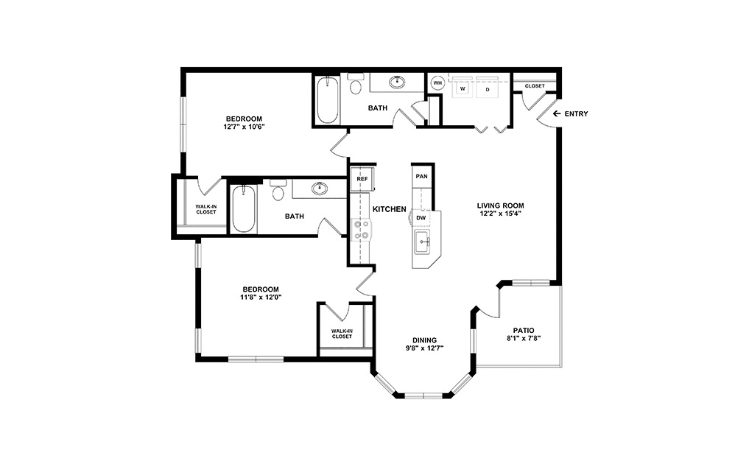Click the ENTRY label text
pyautogui.click(x=576, y=114)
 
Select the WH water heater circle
pyautogui.click(x=437, y=83)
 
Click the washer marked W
pyautogui.click(x=463, y=88)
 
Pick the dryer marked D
pyautogui.click(x=487, y=88)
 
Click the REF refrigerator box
pyautogui.click(x=362, y=179)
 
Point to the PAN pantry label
pyautogui.click(x=421, y=177)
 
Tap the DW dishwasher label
pyautogui.click(x=421, y=218)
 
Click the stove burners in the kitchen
pyautogui.click(x=362, y=230)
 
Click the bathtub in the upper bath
pyautogui.click(x=327, y=102)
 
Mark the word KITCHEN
pyautogui.click(x=390, y=210)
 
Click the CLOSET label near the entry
pyautogui.click(x=535, y=86)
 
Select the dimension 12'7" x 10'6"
pyautogui.click(x=243, y=127)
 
